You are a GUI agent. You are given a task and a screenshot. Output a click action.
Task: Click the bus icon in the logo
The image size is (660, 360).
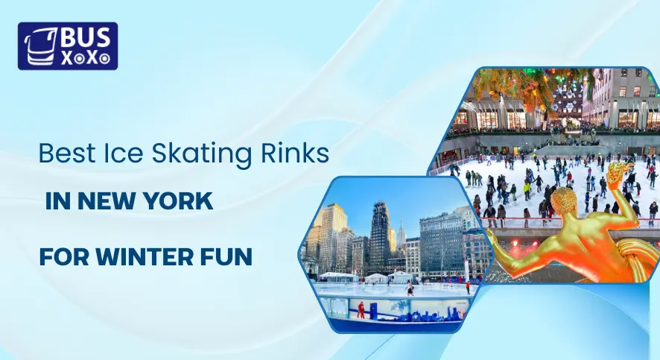37,46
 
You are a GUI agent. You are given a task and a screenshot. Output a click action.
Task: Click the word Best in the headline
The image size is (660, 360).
63,154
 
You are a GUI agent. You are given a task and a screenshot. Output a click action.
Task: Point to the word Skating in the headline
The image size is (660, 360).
189,154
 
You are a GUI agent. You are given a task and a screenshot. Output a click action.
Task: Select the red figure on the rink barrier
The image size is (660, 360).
361,307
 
